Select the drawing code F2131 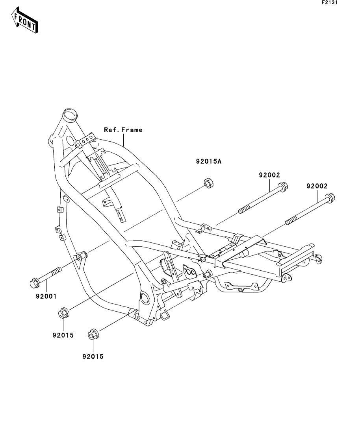(330, 3)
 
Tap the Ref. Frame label (123, 129)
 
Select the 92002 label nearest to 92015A (269, 175)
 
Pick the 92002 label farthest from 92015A (317, 186)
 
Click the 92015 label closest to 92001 (63, 336)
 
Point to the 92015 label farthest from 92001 (93, 356)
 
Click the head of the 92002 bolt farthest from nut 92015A (330, 197)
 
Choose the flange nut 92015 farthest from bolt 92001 (93, 334)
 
